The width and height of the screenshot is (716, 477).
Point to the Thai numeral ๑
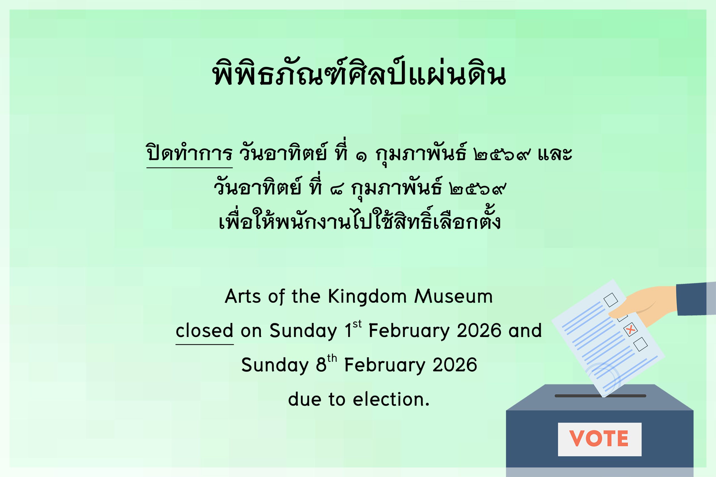coord(361,157)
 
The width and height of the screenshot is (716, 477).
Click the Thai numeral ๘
coord(336,190)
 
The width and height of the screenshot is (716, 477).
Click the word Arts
coord(242,296)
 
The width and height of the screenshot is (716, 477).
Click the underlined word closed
coord(204,330)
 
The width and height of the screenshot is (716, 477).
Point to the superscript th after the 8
coord(332,358)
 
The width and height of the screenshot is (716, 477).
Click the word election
coord(391,399)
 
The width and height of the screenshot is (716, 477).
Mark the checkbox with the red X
coord(630,329)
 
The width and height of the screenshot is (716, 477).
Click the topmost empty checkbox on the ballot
coord(611,300)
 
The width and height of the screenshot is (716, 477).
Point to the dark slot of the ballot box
coord(600,396)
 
